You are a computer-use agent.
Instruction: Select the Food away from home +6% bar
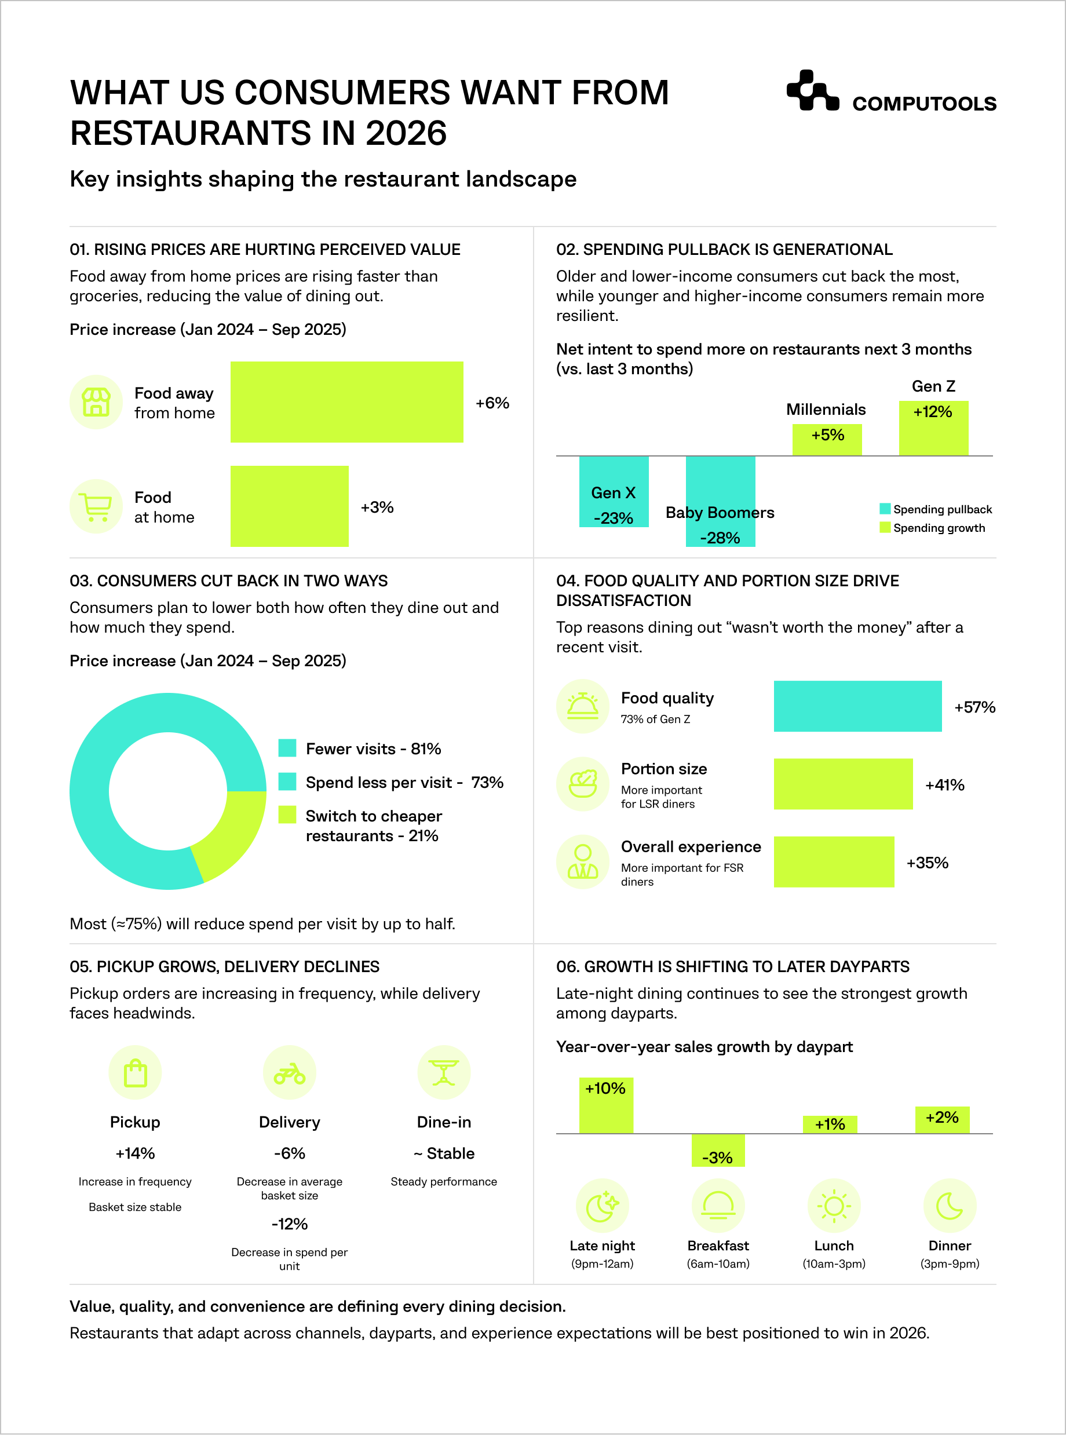point(346,401)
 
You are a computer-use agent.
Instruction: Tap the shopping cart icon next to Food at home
point(96,506)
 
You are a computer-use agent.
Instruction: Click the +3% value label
point(377,507)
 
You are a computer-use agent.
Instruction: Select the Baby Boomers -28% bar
point(720,500)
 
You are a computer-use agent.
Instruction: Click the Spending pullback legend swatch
point(885,509)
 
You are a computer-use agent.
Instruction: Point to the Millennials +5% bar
point(827,439)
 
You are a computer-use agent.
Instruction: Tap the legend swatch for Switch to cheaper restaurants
point(287,815)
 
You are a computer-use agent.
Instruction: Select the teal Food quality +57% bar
point(857,706)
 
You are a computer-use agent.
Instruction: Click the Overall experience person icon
point(583,862)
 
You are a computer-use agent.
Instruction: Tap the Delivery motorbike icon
point(289,1073)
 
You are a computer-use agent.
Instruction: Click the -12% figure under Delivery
point(289,1224)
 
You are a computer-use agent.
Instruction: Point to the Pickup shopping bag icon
point(135,1073)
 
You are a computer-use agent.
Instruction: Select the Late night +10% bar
point(605,1105)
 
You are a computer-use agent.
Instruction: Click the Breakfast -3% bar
point(718,1150)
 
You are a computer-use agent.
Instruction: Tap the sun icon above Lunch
point(834,1206)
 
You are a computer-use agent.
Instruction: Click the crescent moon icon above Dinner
point(949,1206)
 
